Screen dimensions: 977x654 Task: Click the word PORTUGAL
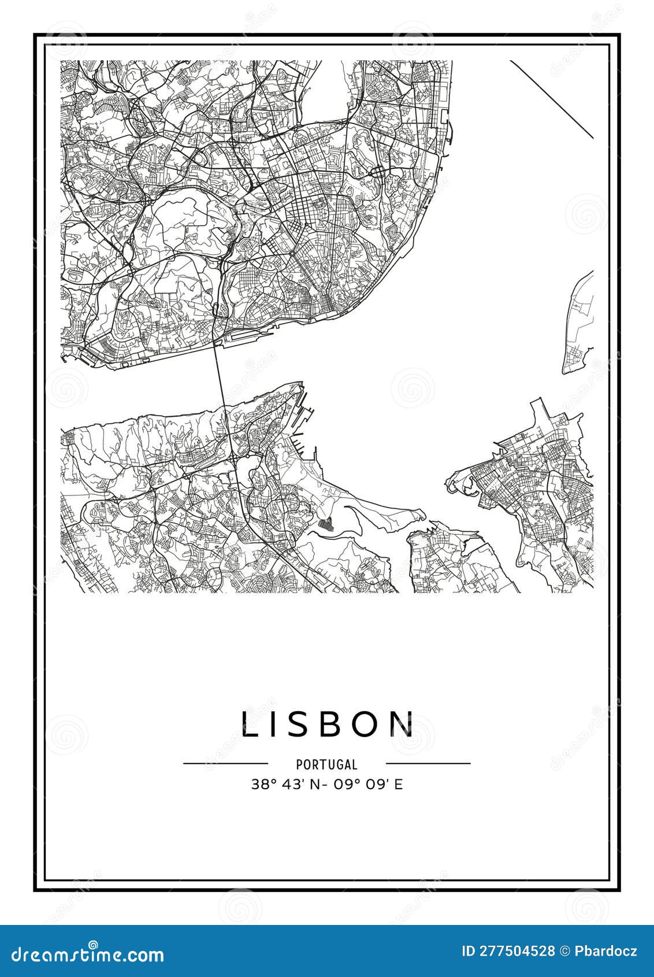tap(327, 764)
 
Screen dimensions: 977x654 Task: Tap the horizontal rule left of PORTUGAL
tap(225, 763)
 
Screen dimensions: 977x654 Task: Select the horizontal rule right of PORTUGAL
tap(428, 763)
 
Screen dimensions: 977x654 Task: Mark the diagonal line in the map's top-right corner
tap(552, 99)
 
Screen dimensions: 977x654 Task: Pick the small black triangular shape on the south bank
tap(326, 524)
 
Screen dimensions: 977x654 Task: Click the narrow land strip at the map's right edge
tap(578, 324)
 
